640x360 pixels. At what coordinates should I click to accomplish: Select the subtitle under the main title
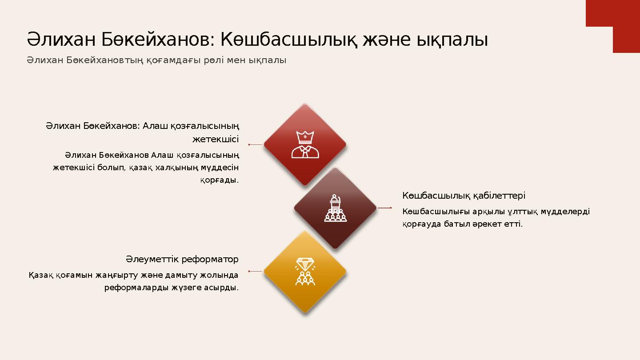click(x=156, y=60)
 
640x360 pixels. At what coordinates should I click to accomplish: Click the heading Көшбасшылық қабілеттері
click(x=464, y=196)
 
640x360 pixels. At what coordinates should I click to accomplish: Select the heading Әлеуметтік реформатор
click(x=182, y=259)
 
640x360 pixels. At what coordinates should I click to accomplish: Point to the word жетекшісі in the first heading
click(x=215, y=140)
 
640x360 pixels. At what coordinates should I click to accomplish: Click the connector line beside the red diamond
click(x=256, y=144)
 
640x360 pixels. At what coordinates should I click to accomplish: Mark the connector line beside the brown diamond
click(x=384, y=208)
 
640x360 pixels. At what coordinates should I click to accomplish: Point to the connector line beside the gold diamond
click(x=256, y=271)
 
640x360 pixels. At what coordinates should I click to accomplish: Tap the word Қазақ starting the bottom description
click(x=39, y=275)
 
